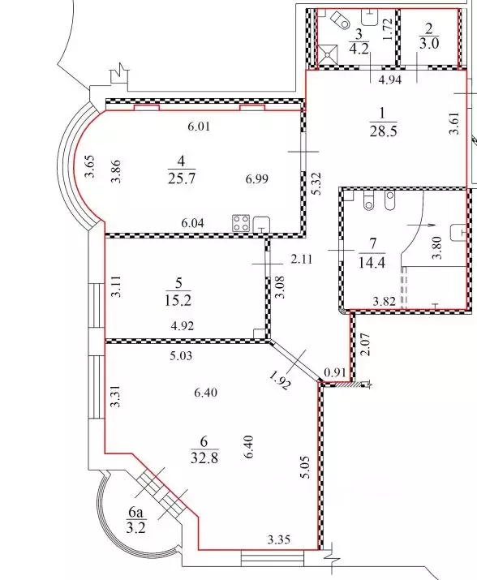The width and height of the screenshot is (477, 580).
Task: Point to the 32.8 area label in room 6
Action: point(204,456)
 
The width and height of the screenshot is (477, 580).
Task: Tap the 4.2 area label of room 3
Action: point(358,47)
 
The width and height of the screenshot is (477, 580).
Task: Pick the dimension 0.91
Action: point(333,373)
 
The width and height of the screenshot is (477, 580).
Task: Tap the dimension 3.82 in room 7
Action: point(385,302)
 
